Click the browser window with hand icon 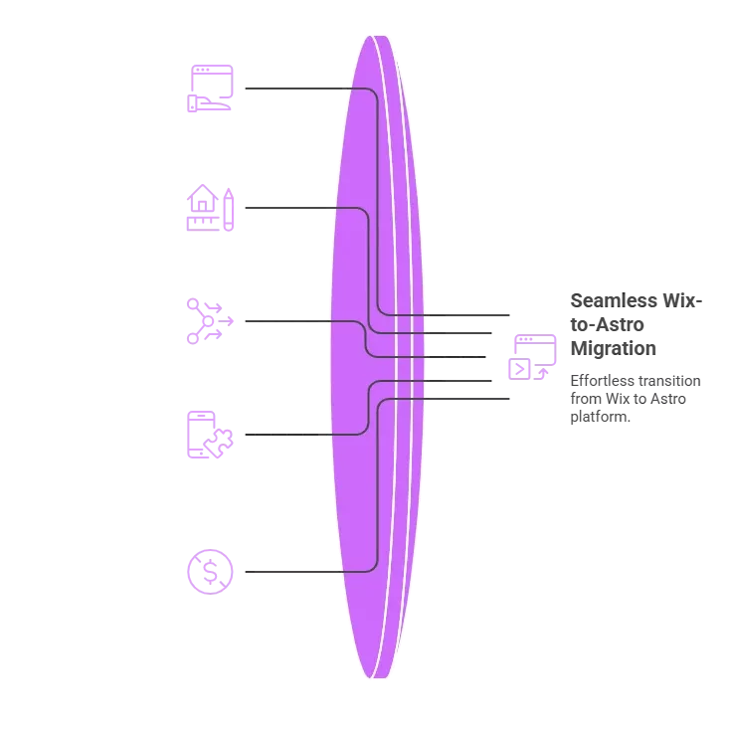210,89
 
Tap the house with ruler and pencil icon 210,208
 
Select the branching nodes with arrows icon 210,321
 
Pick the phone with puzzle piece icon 210,435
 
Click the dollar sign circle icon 210,572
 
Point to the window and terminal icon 532,357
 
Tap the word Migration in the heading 614,349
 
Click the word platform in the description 600,417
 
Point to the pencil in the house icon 228,210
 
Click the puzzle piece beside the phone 219,443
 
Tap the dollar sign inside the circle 211,572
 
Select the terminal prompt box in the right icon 519,369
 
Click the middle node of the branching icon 208,321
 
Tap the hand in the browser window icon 209,103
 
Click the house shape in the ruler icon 203,198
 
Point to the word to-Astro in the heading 607,325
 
